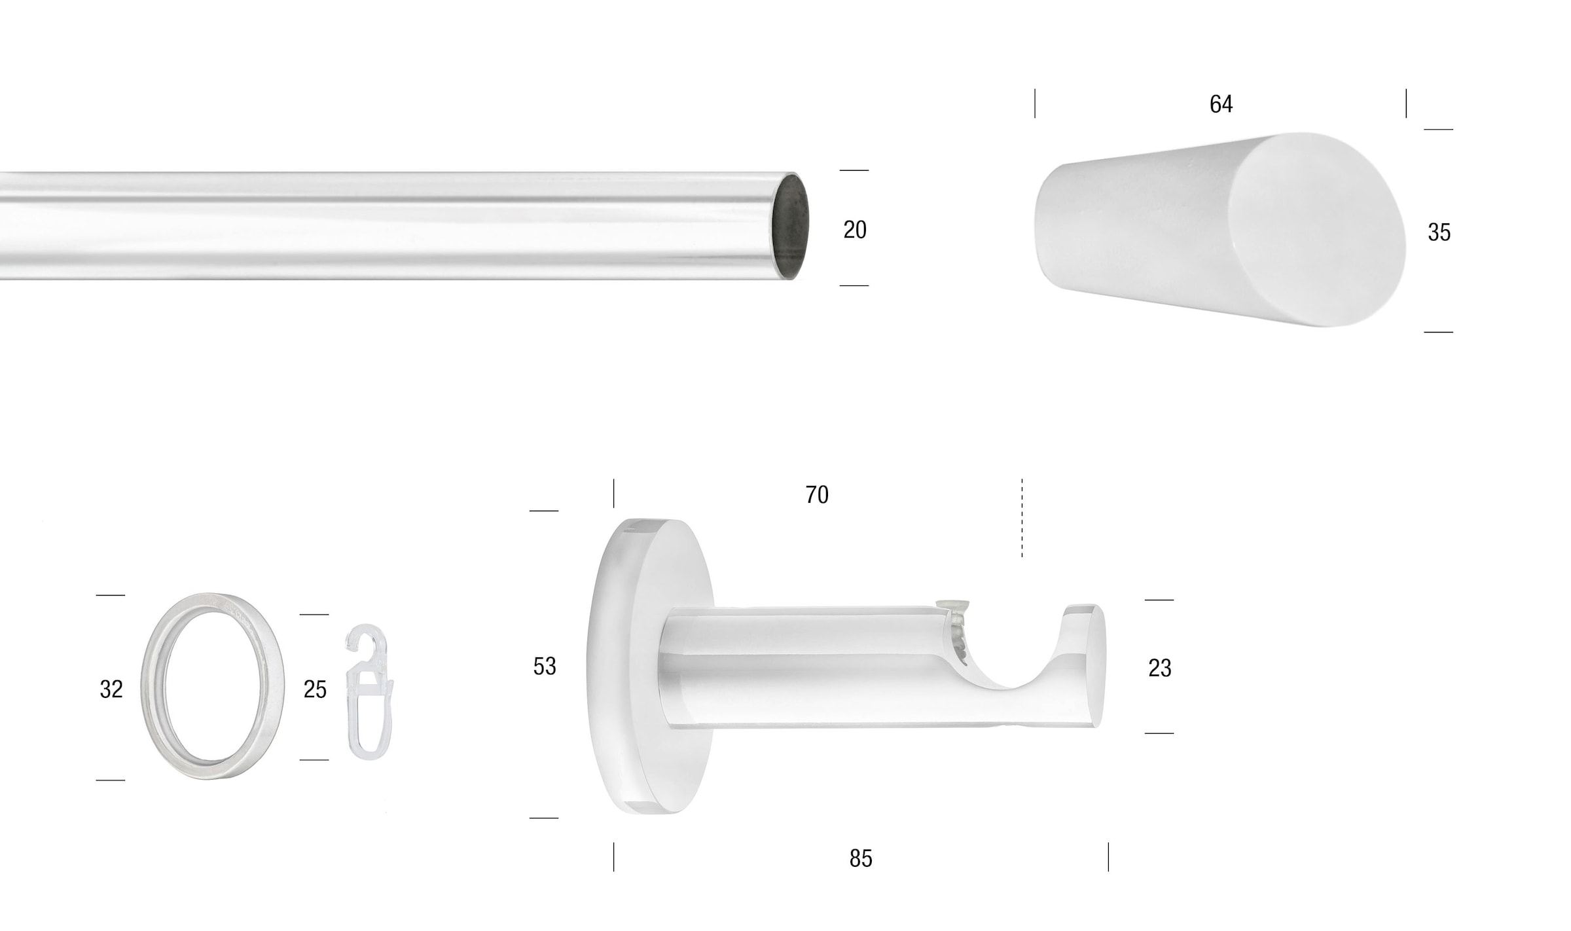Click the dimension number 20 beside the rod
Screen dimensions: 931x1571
click(854, 230)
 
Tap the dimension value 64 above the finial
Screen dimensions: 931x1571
click(1221, 104)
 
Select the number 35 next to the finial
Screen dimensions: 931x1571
click(1439, 232)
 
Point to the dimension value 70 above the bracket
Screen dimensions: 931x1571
click(817, 495)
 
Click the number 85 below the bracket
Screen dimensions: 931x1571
click(861, 858)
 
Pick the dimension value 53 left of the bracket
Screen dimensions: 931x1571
click(545, 666)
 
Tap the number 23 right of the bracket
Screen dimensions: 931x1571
click(1159, 668)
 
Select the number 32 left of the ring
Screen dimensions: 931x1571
click(111, 689)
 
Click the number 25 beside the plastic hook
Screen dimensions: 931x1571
click(315, 689)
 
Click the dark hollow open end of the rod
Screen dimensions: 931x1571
click(791, 227)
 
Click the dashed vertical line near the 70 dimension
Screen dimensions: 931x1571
click(1022, 518)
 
